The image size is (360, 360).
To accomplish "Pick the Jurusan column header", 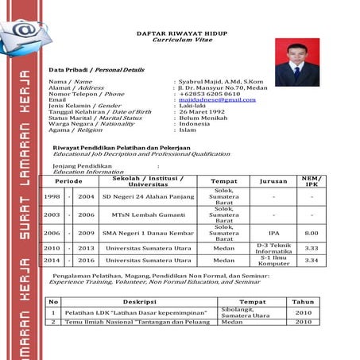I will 273,181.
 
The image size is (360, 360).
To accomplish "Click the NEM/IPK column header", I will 312,181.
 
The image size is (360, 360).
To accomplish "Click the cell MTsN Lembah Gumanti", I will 142,215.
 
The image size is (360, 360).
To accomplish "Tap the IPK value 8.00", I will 312,234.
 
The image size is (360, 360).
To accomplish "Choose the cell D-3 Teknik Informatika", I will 273,248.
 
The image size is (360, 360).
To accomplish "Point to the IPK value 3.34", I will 312,261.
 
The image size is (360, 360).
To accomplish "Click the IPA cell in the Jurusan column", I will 273,234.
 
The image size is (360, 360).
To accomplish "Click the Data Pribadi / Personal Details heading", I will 96,70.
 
